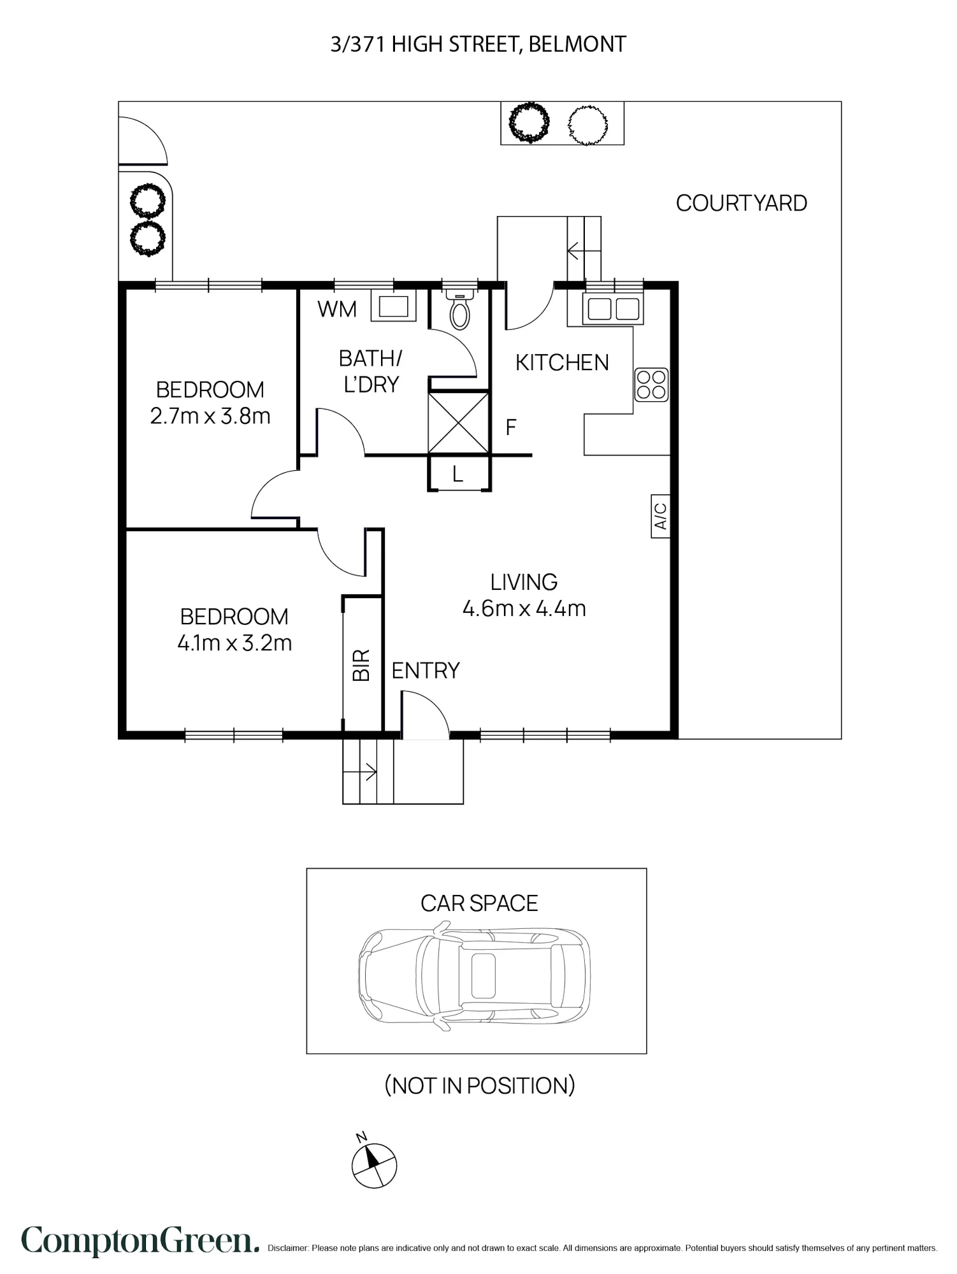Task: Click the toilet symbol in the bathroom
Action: point(459,308)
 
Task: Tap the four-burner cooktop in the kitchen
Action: point(651,385)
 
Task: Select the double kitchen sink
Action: point(613,309)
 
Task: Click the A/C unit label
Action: point(661,516)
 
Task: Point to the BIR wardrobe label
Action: point(361,666)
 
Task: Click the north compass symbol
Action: point(373,1164)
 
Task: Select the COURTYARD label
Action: point(741,203)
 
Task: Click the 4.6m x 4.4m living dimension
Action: point(524,609)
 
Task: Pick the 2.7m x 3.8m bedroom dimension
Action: point(210,417)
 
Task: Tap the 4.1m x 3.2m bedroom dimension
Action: point(234,643)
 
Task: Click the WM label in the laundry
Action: point(337,310)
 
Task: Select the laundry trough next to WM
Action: point(394,306)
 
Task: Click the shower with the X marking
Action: point(459,423)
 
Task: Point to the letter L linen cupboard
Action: point(457,474)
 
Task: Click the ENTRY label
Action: point(426,671)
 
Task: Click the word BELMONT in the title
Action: point(577,45)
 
